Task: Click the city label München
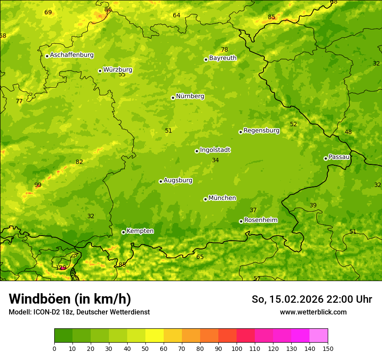(x=222, y=198)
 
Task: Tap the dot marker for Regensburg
(x=240, y=132)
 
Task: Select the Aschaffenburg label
(x=72, y=55)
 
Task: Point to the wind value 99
(x=38, y=185)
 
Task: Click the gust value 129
(x=61, y=268)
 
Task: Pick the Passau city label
(x=339, y=157)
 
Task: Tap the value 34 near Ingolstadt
(x=215, y=160)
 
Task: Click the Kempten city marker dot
(x=123, y=232)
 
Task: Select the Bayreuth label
(x=223, y=58)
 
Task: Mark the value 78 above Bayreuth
(x=224, y=50)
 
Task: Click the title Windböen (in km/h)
(x=69, y=299)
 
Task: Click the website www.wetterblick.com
(x=313, y=312)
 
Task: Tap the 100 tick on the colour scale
(x=237, y=348)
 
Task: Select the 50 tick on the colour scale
(x=145, y=348)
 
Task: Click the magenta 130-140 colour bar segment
(x=300, y=336)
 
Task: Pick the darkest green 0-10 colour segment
(x=63, y=336)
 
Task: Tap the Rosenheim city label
(x=260, y=220)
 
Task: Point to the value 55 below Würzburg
(x=122, y=75)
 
